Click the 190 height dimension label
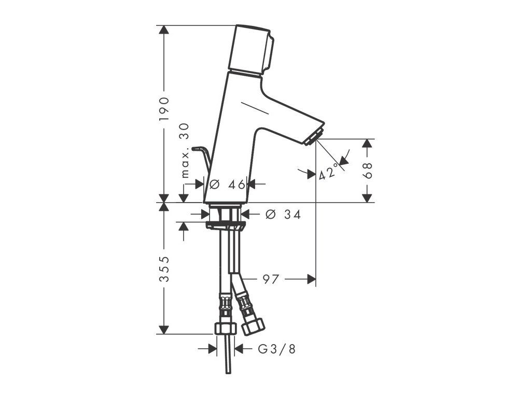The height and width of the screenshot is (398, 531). (x=164, y=109)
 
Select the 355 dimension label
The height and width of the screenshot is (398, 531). (x=164, y=269)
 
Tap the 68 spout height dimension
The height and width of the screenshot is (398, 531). (x=367, y=170)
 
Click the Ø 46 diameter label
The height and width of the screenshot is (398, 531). (x=227, y=184)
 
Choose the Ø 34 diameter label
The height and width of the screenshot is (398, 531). (x=283, y=214)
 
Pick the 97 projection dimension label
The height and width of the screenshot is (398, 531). (x=271, y=279)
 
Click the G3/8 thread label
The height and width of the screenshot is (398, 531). (x=277, y=349)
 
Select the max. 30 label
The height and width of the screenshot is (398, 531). (x=185, y=151)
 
